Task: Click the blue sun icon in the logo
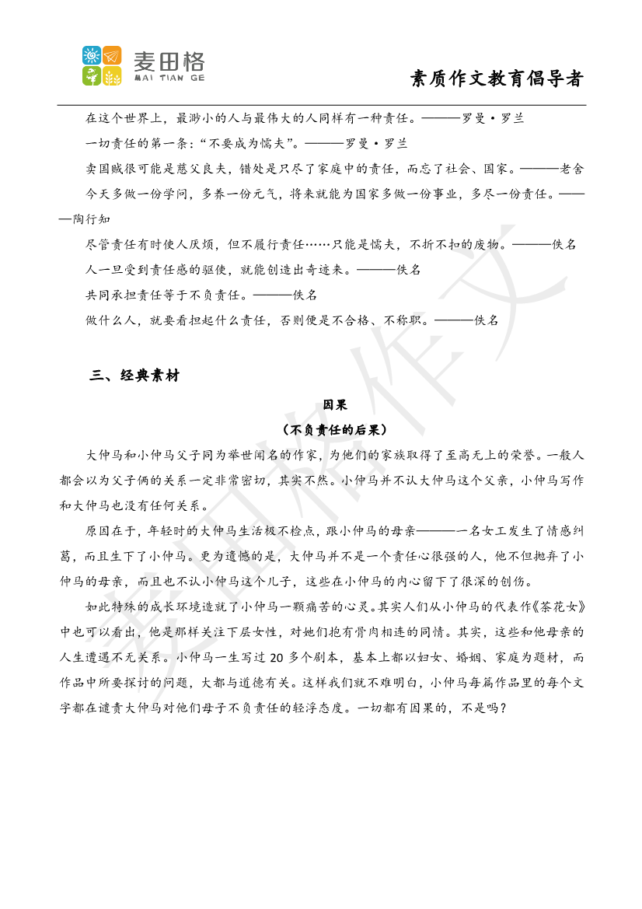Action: tap(92, 55)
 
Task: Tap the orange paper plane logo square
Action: tap(112, 55)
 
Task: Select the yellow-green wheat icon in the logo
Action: tap(112, 75)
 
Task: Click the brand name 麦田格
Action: tap(169, 61)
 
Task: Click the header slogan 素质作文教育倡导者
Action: tap(497, 79)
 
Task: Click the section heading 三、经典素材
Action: tap(134, 376)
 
